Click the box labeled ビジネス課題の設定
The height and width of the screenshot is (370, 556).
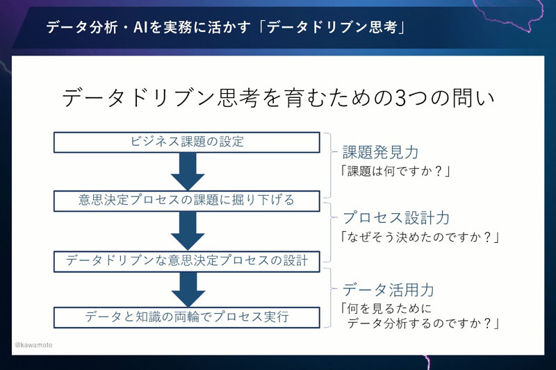(187, 142)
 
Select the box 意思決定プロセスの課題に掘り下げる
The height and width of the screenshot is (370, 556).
(187, 201)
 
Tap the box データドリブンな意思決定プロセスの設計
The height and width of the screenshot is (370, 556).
(187, 260)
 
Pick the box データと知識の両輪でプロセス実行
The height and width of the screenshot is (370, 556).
(187, 317)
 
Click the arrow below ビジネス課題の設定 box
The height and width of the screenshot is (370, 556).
(187, 171)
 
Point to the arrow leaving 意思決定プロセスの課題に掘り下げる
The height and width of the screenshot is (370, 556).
(187, 230)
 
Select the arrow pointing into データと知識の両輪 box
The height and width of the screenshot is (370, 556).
(187, 289)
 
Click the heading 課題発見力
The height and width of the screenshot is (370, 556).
(380, 152)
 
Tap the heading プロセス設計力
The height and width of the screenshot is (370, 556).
(395, 218)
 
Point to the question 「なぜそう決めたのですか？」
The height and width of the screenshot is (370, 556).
(421, 237)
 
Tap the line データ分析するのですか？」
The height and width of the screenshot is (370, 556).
(424, 322)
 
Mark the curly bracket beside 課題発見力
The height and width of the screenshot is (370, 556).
(329, 164)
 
